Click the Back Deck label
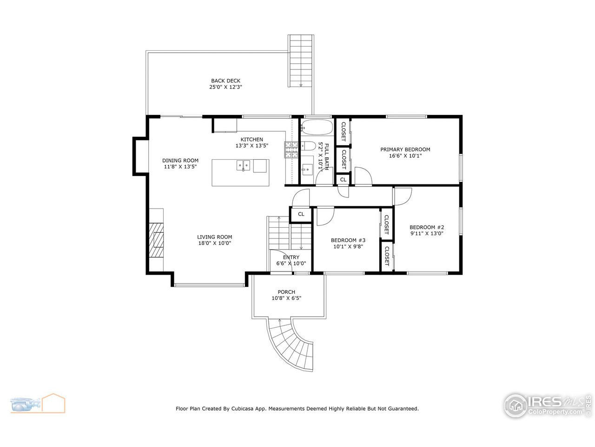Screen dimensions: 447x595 point(225,81)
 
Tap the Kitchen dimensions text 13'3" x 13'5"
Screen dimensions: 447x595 point(251,146)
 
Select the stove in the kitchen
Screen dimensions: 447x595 point(291,149)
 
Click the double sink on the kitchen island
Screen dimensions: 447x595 point(243,166)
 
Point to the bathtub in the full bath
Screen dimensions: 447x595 point(317,127)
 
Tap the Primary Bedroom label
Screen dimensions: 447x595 point(405,149)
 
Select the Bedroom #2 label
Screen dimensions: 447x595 point(427,227)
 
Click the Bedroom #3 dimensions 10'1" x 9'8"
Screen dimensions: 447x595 point(348,247)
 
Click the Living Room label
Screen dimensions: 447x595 point(214,237)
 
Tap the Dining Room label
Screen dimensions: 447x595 point(180,160)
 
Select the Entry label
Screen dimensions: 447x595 point(291,257)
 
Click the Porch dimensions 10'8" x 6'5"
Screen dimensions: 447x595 point(286,298)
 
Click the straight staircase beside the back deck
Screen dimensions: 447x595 point(301,61)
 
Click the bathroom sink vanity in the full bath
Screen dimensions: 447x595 point(307,168)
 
